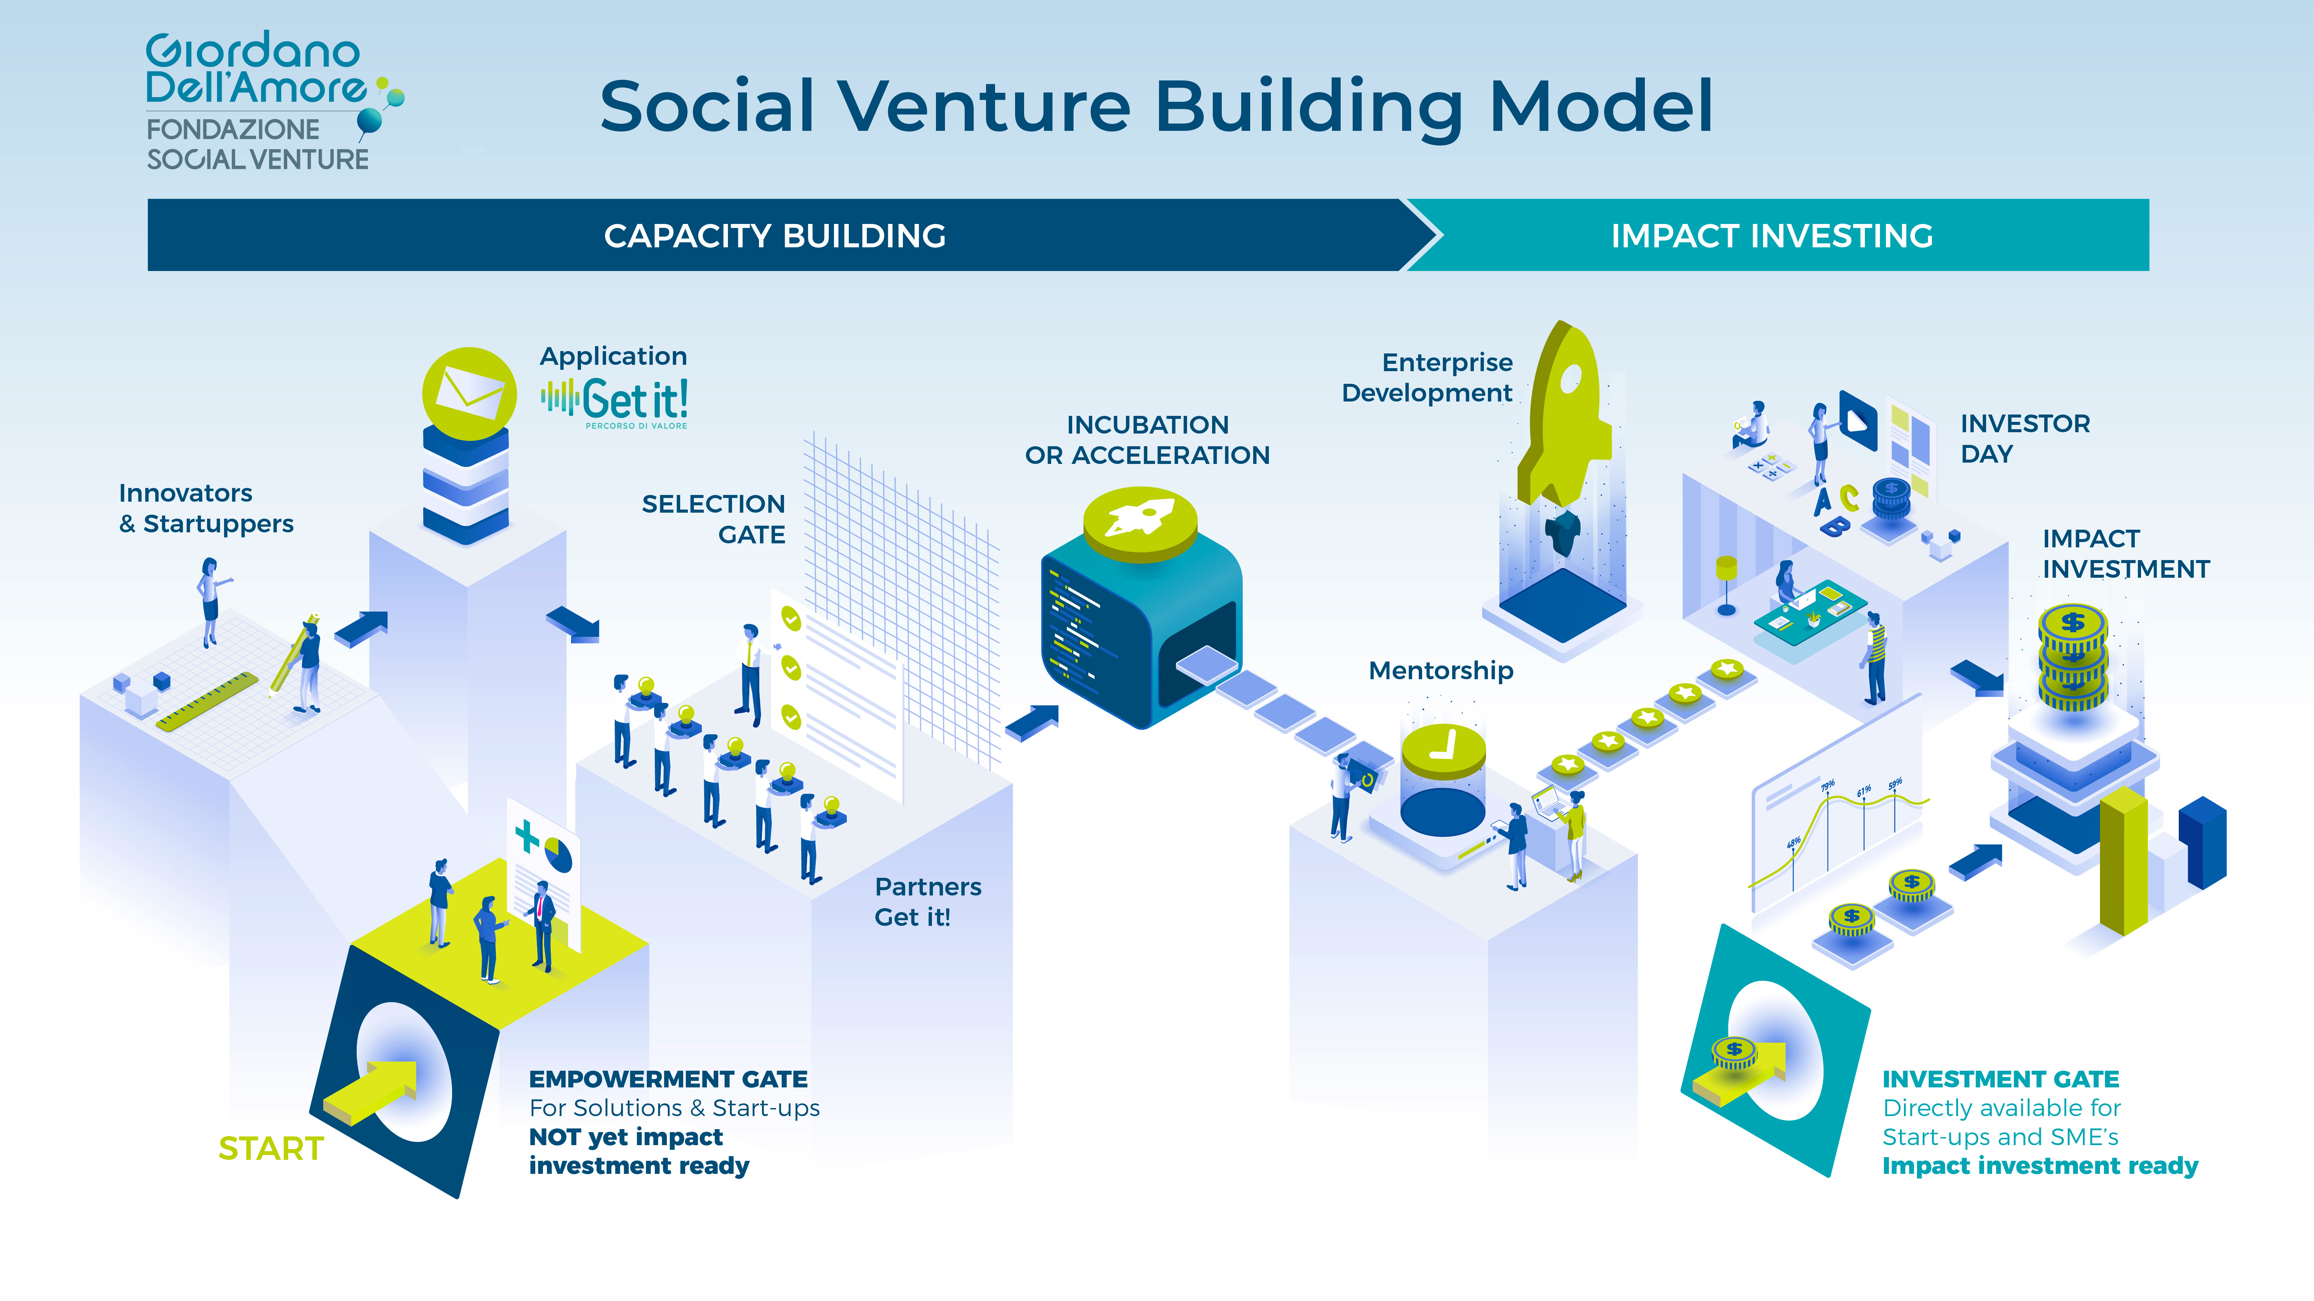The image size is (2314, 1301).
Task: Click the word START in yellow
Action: click(270, 1148)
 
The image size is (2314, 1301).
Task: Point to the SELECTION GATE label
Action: click(714, 519)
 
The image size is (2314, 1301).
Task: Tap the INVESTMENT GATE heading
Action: click(2000, 1078)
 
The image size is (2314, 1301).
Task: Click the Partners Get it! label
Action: click(927, 901)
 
